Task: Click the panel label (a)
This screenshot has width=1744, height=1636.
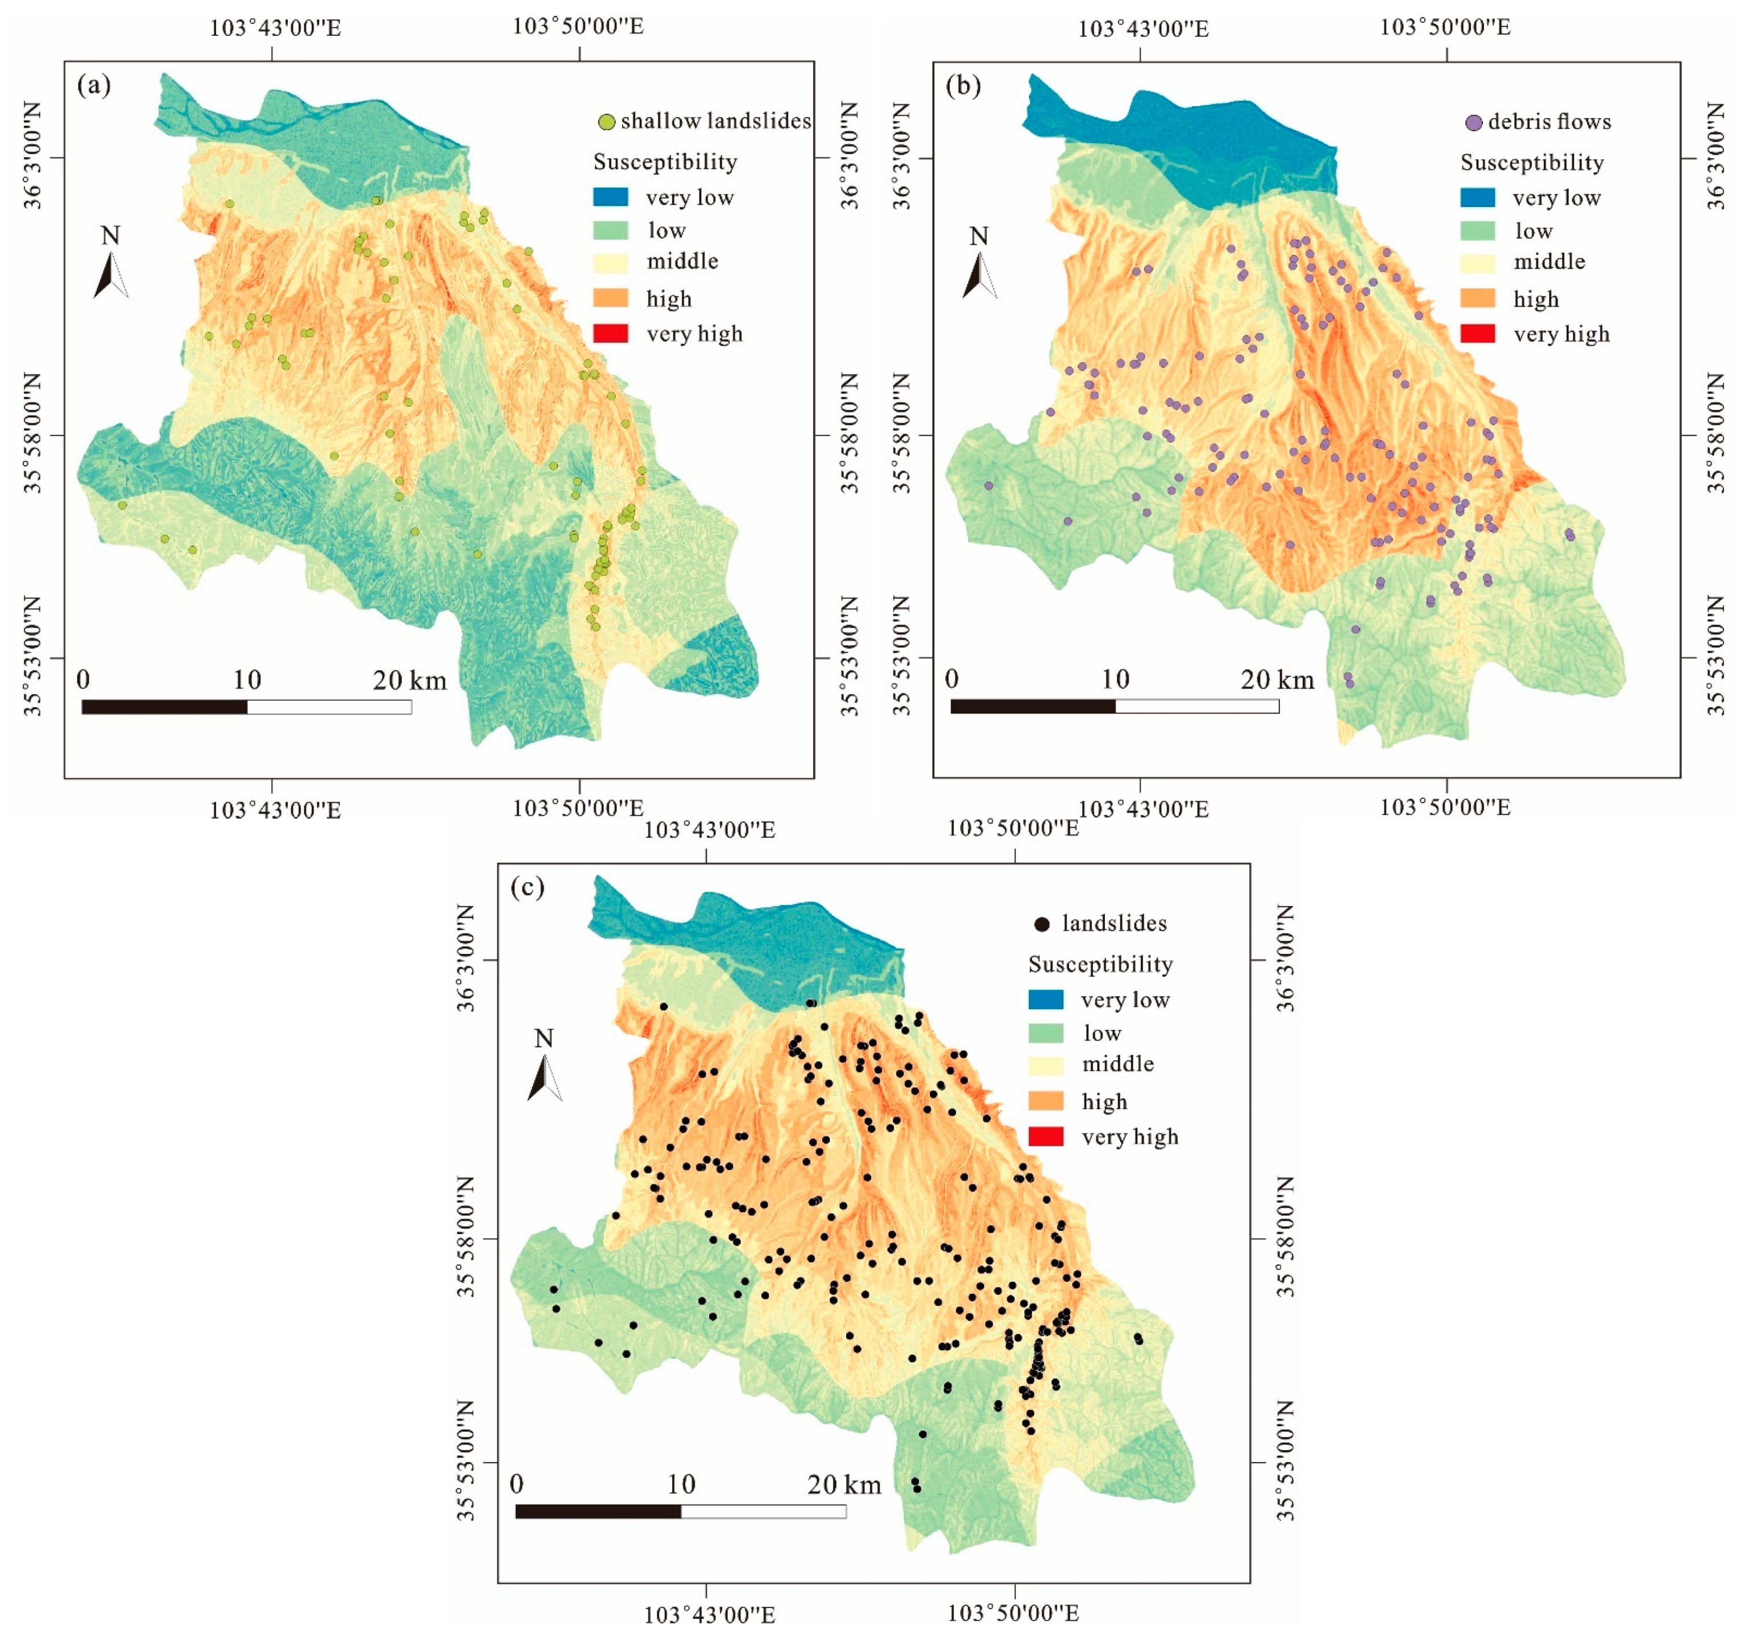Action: click(x=94, y=85)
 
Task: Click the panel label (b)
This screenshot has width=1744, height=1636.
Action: click(x=963, y=85)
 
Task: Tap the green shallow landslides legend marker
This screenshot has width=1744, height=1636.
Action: click(x=606, y=122)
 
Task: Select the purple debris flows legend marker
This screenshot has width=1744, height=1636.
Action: click(x=1474, y=122)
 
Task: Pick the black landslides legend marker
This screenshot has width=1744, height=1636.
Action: click(x=1042, y=924)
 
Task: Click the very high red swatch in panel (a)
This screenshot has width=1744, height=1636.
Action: click(x=611, y=333)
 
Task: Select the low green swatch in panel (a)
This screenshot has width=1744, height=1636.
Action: click(x=611, y=230)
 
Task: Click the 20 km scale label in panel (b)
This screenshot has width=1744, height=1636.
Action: click(x=1277, y=680)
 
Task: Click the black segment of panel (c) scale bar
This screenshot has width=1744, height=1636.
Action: click(x=598, y=1510)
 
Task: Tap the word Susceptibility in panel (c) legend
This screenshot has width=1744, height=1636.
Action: click(x=1100, y=964)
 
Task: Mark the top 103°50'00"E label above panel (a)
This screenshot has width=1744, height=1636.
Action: click(x=578, y=26)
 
